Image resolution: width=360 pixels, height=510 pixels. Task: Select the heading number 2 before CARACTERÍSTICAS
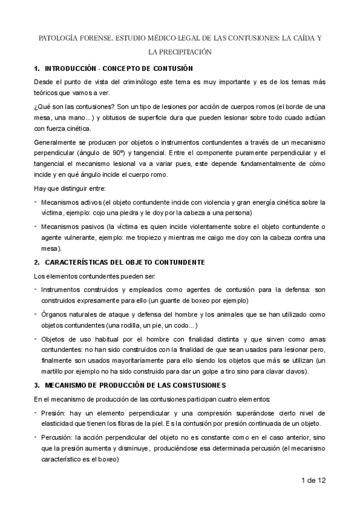coord(37,262)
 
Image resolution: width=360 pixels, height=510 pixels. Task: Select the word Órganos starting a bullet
coord(55,315)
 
